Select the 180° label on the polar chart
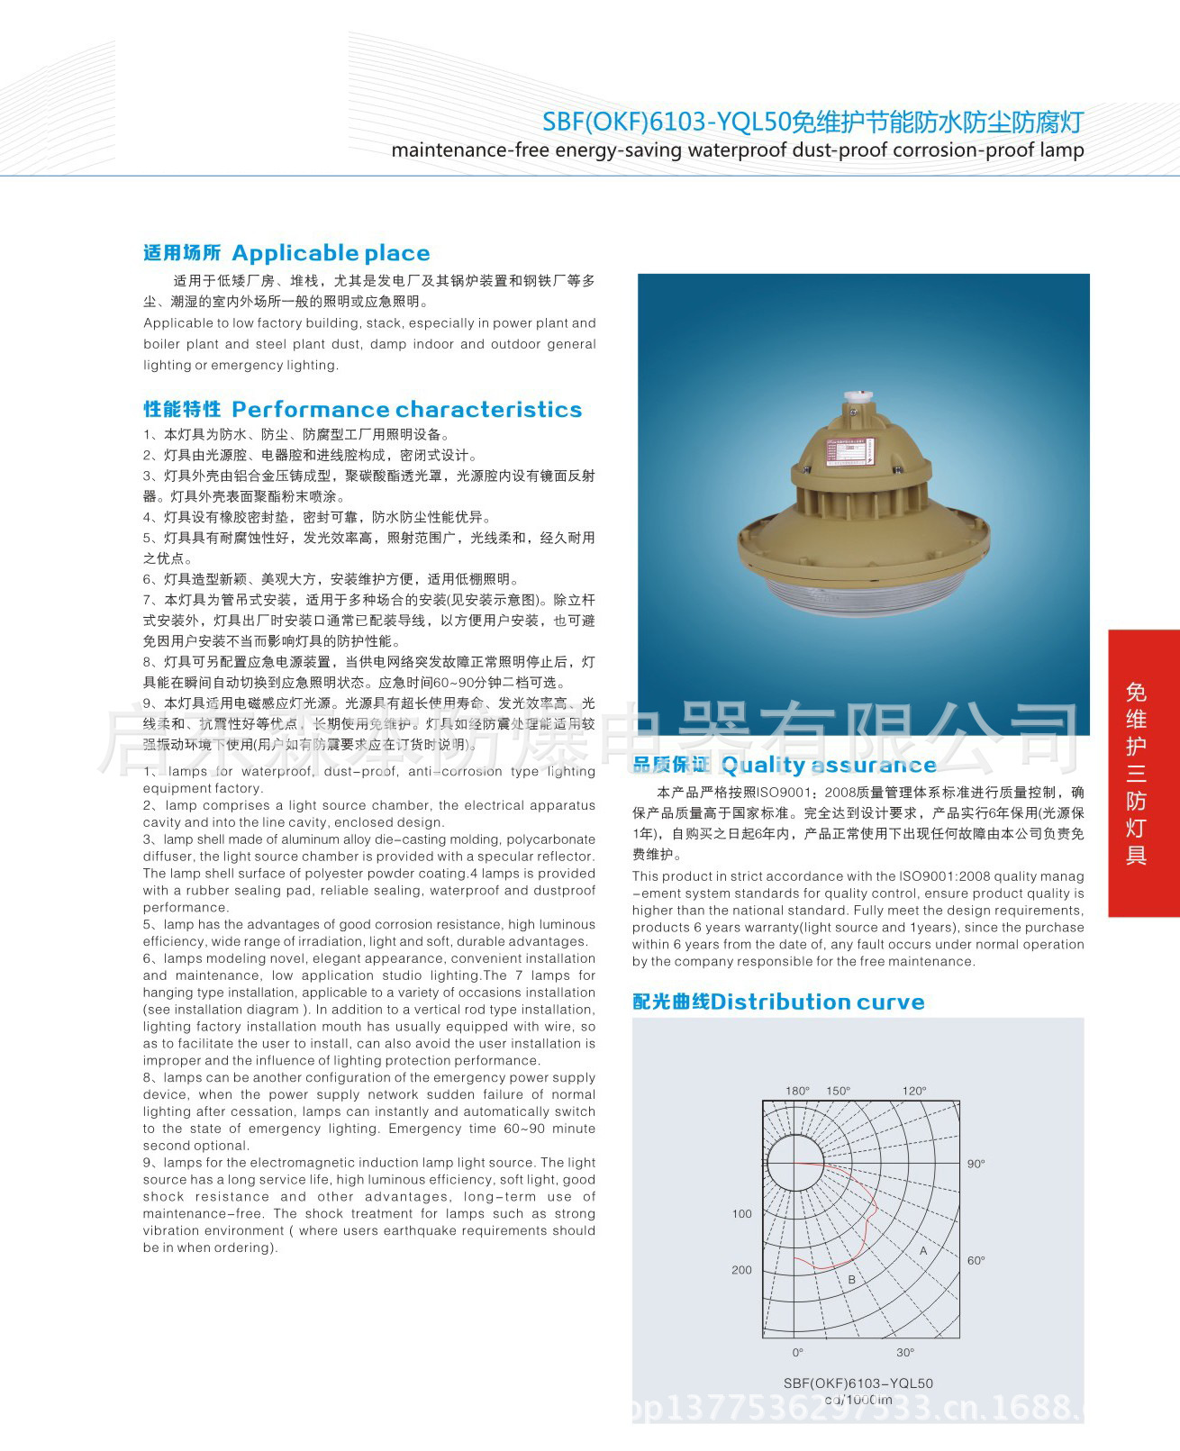[797, 1091]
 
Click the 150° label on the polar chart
[838, 1091]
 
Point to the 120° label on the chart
[914, 1091]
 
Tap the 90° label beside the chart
[976, 1164]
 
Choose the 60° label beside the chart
[976, 1260]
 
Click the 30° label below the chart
[905, 1352]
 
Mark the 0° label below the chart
[798, 1352]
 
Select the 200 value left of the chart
[741, 1270]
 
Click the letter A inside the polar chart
[923, 1251]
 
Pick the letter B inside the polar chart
[851, 1279]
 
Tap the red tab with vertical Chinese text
[1143, 773]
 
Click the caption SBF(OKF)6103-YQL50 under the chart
[858, 1383]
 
